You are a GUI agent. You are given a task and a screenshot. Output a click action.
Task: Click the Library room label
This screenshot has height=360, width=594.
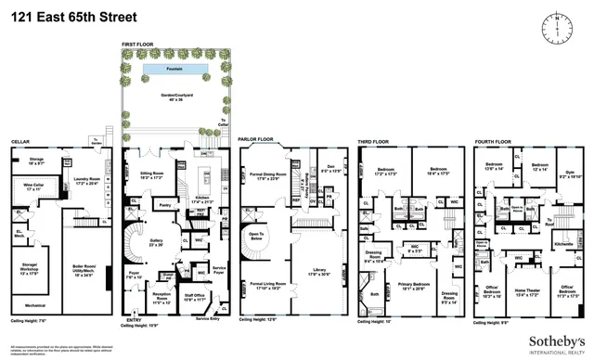313,271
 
